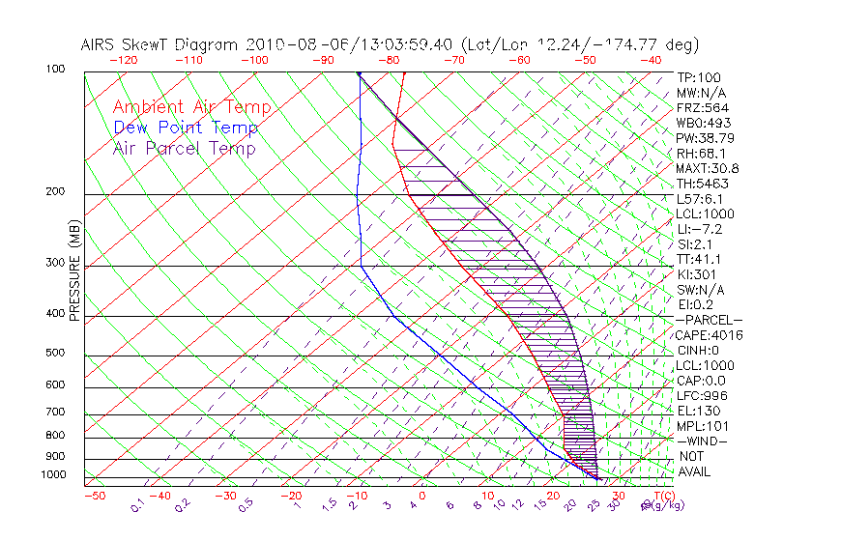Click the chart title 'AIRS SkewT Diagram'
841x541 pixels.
(160, 45)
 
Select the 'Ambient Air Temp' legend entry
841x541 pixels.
(191, 107)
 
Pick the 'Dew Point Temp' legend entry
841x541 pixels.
(186, 128)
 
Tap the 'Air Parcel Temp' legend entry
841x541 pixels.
(184, 148)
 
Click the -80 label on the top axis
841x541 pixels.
(389, 60)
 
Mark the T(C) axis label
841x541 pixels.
(663, 496)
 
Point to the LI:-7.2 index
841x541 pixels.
(699, 229)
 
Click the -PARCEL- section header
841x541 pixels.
(709, 320)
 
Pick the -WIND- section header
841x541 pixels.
(702, 441)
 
